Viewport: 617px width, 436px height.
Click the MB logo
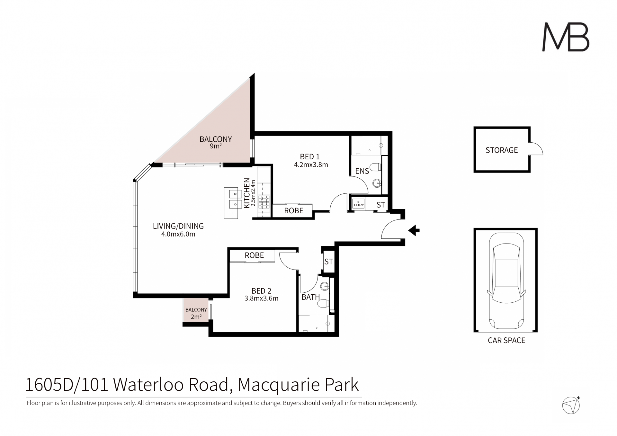tap(566, 37)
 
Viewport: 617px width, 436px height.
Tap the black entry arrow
tap(414, 230)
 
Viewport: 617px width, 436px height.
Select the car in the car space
tap(506, 281)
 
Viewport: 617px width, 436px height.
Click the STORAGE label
tap(502, 150)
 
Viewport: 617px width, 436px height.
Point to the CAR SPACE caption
tap(506, 340)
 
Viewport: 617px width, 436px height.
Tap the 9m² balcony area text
tap(216, 146)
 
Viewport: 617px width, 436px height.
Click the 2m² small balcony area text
tap(196, 317)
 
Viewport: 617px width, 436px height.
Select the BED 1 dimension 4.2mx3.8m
tap(311, 165)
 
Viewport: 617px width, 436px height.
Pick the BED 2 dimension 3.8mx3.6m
tap(261, 298)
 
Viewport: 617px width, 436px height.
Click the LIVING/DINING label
tap(178, 226)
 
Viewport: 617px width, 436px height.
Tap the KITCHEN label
tap(247, 193)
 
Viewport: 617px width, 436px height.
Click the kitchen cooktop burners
tap(264, 202)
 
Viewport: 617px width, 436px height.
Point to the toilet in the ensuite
tap(375, 167)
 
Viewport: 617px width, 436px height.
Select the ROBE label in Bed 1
tap(294, 211)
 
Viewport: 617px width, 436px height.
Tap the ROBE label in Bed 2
tap(254, 255)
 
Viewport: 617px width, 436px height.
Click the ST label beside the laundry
tap(380, 205)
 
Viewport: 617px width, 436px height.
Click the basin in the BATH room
tap(325, 286)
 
